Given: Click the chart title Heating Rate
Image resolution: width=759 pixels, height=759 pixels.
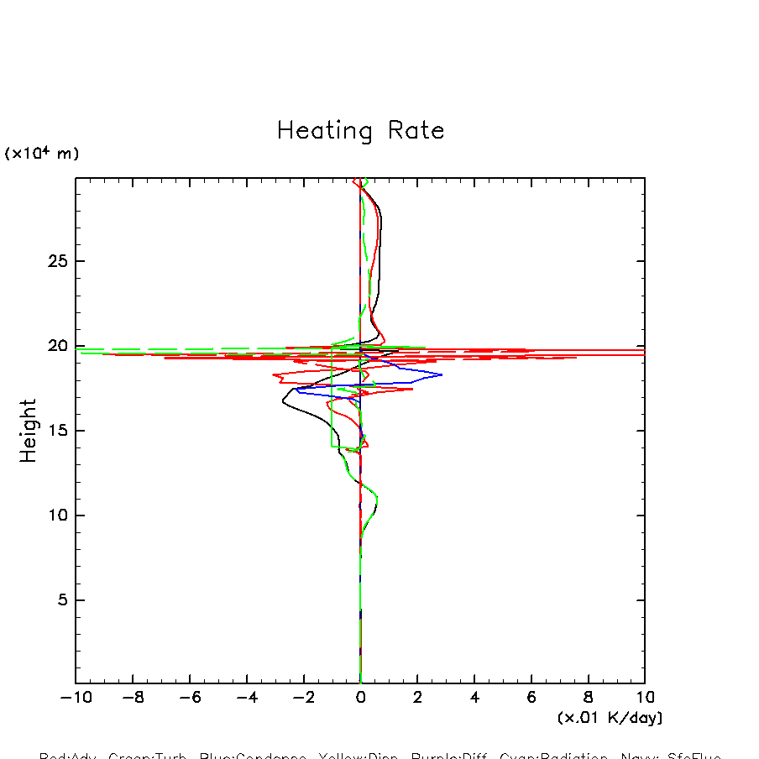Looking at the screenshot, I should (x=360, y=131).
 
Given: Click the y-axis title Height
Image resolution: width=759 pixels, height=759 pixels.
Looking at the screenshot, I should (x=29, y=431).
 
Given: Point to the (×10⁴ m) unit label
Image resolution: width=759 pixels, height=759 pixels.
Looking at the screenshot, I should (x=42, y=154).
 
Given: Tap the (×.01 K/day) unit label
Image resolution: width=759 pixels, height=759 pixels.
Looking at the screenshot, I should (x=610, y=718).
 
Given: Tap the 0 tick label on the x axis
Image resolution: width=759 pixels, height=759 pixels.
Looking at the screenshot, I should (x=360, y=698).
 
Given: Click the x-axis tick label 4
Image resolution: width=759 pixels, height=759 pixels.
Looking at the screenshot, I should (x=474, y=698).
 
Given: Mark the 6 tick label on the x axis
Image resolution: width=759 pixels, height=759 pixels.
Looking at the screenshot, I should (x=531, y=698).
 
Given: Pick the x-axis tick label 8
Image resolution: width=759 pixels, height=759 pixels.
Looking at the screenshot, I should (x=588, y=698).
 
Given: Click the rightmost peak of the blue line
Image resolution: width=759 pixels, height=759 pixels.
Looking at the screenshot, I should (x=442, y=374).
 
